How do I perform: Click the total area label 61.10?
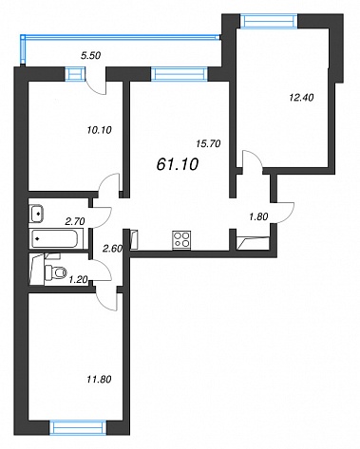(x=178, y=164)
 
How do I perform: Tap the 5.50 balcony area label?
(x=90, y=56)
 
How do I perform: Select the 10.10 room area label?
(x=99, y=130)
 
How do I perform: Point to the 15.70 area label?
(x=208, y=143)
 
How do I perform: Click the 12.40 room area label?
(x=301, y=98)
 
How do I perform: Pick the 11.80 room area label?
(x=99, y=379)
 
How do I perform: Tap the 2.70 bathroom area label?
(x=75, y=221)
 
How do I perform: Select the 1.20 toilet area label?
(x=78, y=279)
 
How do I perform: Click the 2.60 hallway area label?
(x=113, y=249)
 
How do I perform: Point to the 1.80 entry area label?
(x=258, y=216)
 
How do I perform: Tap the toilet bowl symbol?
(x=56, y=271)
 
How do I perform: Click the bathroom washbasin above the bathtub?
(x=36, y=214)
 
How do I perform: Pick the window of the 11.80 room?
(x=78, y=427)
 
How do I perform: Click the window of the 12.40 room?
(x=269, y=21)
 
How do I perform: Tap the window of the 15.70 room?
(x=180, y=74)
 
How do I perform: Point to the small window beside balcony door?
(x=75, y=74)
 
